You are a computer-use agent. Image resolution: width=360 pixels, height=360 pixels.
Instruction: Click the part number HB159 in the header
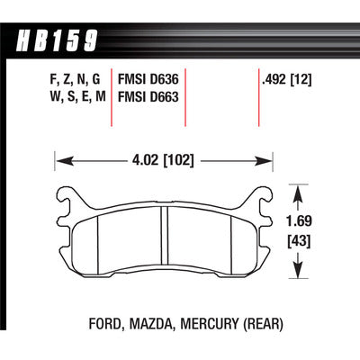click(x=57, y=40)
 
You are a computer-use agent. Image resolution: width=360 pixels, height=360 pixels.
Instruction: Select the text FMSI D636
click(x=148, y=79)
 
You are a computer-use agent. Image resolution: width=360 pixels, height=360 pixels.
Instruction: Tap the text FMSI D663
click(x=148, y=97)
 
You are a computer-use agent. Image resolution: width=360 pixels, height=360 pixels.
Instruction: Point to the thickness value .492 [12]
click(x=287, y=80)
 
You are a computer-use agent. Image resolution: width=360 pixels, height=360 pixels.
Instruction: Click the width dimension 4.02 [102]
click(x=163, y=160)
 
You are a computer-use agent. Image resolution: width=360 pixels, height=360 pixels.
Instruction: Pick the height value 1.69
click(x=299, y=221)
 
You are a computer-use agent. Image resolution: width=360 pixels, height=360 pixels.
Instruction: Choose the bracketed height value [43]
click(x=299, y=240)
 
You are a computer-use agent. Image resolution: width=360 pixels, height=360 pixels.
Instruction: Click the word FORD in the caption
click(x=106, y=324)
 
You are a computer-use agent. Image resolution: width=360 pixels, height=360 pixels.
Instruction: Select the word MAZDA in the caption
click(x=151, y=324)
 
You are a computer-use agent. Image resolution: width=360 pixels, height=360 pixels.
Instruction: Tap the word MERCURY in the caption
click(x=209, y=324)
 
